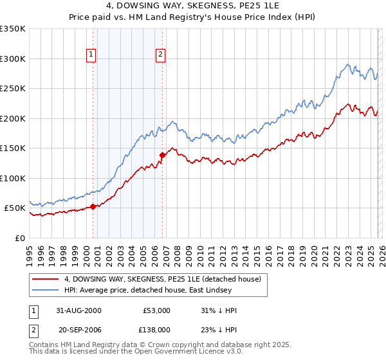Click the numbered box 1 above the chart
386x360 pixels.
[92, 55]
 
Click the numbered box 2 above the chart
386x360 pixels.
[160, 55]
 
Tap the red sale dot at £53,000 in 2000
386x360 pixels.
[93, 206]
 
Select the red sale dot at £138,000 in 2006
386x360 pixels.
[162, 155]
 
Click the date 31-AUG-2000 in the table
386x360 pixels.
[78, 310]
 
